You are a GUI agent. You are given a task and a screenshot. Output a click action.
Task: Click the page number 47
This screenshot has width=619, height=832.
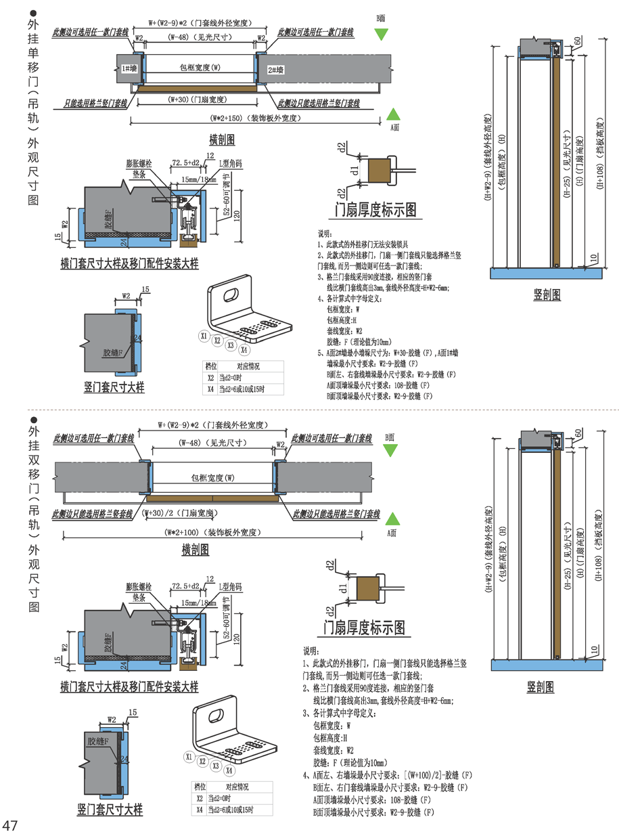(x=10, y=824)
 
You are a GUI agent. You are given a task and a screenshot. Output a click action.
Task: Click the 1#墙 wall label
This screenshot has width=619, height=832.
(x=129, y=69)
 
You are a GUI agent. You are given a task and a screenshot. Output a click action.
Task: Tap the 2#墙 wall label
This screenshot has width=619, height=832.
(x=275, y=69)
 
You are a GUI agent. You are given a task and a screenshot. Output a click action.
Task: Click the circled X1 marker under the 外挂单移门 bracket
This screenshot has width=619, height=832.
(x=203, y=335)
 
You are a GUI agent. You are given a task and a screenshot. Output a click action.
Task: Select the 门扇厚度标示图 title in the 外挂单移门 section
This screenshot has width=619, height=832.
(x=376, y=211)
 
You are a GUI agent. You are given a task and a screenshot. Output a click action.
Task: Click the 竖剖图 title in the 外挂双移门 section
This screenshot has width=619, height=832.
(x=541, y=687)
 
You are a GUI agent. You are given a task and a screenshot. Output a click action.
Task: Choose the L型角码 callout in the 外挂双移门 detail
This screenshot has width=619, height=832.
(x=230, y=586)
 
